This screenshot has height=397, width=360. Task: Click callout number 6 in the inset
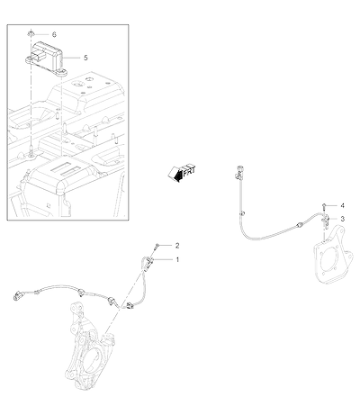click(54, 34)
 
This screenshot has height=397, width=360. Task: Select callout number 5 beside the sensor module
click(85, 58)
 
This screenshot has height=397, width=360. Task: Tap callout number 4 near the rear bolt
click(342, 206)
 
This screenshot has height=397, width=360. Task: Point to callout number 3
click(343, 219)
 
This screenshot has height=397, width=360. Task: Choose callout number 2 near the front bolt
click(177, 246)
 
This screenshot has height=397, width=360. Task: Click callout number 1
click(177, 259)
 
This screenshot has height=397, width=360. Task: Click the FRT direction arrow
click(181, 173)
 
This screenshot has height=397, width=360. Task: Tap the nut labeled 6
click(31, 32)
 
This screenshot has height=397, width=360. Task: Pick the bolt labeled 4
click(325, 206)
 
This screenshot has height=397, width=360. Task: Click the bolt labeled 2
click(157, 247)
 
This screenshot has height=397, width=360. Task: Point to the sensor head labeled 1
click(148, 262)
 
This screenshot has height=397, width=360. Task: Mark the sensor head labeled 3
click(325, 221)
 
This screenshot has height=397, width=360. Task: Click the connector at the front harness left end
click(17, 294)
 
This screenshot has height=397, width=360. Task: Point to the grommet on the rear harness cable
click(299, 225)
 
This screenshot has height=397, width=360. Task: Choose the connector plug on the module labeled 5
click(38, 57)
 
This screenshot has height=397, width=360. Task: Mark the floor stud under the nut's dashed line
click(31, 149)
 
